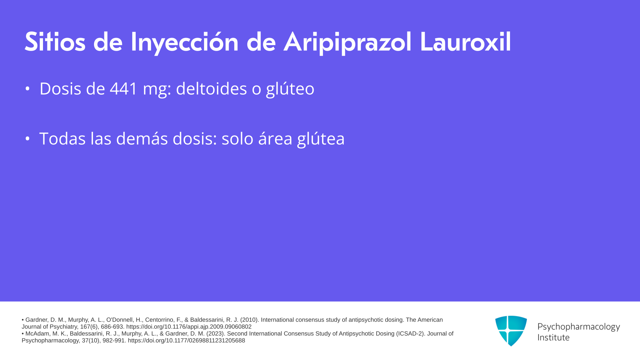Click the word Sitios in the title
coord(55,42)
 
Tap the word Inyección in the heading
coord(184,42)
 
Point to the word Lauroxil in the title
coord(465,42)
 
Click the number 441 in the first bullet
coord(124,89)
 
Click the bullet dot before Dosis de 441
coord(27,89)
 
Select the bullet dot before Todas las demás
coord(27,138)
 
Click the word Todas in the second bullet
coord(62,138)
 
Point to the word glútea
coord(321,139)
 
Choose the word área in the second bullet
coord(275,138)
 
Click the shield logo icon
coord(511,331)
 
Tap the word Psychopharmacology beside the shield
coord(579,327)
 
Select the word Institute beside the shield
coord(553,337)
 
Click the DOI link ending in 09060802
coord(189,327)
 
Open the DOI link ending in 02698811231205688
coord(186,340)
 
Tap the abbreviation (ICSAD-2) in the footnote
coord(411,333)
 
